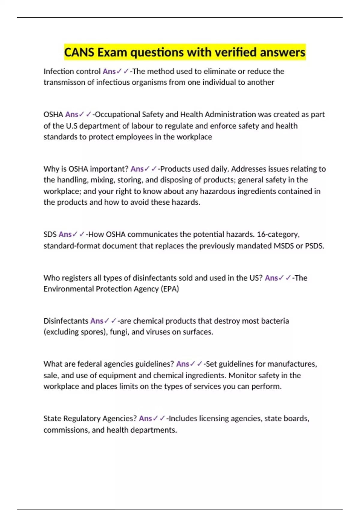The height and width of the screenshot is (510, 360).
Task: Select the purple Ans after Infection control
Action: (109, 71)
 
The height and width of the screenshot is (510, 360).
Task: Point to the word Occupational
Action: (117, 115)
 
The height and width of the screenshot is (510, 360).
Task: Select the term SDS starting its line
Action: (50, 234)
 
